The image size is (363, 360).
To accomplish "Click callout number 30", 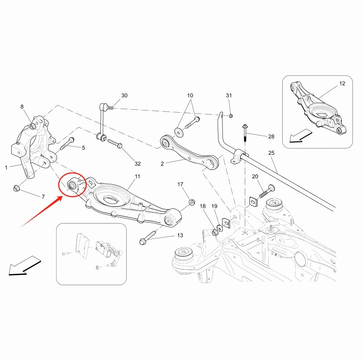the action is [x=124, y=95].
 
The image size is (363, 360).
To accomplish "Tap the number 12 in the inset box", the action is [x=342, y=83].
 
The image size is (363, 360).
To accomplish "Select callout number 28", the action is [x=271, y=137].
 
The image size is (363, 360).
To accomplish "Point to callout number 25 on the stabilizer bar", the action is [x=271, y=153].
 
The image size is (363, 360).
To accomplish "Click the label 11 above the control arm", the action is [x=138, y=177].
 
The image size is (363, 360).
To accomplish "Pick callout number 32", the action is [x=138, y=164].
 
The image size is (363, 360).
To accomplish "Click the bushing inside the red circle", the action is [x=72, y=185].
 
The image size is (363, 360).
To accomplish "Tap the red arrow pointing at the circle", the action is [x=42, y=211].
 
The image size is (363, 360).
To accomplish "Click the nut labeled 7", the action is [x=16, y=188].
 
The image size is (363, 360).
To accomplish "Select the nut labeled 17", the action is [x=192, y=202].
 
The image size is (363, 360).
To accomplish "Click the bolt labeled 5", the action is [x=68, y=143].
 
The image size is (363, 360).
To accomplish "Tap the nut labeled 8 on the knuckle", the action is [x=33, y=126].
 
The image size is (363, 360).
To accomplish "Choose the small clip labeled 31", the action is [x=230, y=115].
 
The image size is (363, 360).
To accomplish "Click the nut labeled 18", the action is [x=215, y=232].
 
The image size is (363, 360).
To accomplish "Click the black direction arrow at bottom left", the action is [x=25, y=266].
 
